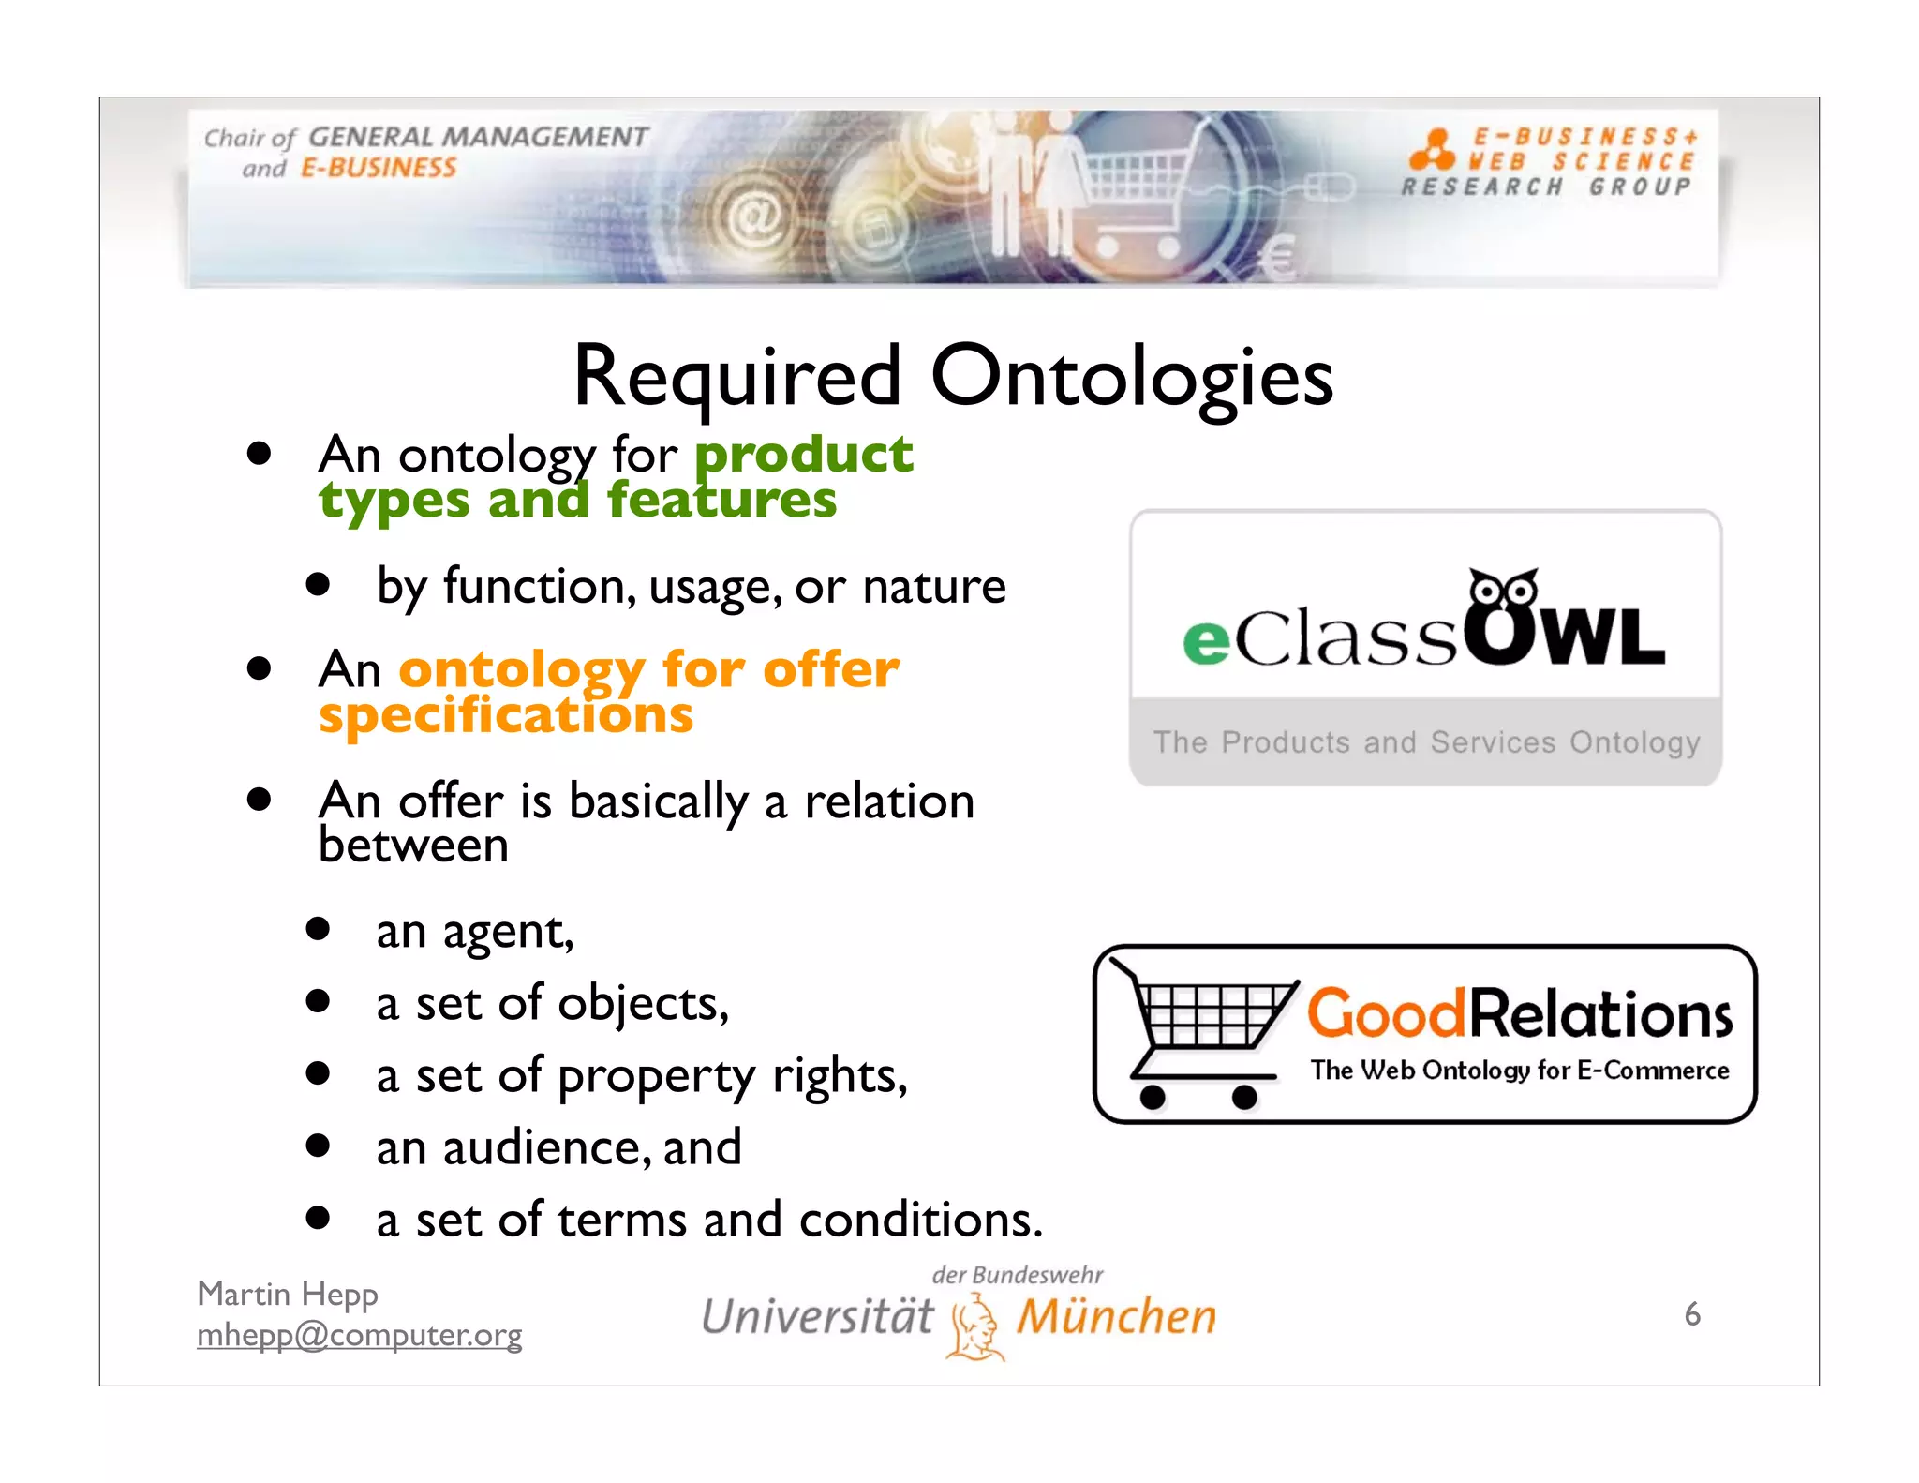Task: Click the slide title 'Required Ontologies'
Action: [952, 377]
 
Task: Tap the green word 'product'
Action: [803, 456]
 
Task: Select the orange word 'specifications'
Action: [506, 716]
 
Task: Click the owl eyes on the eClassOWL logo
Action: [1502, 591]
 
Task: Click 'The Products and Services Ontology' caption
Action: [1426, 742]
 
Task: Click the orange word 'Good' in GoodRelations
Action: [1385, 1014]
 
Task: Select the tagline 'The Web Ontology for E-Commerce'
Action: [1519, 1071]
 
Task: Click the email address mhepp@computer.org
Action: [360, 1335]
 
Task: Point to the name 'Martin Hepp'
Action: [288, 1294]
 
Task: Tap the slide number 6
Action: [1691, 1314]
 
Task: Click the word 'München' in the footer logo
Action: [1117, 1316]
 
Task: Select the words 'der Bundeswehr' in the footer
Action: [1018, 1275]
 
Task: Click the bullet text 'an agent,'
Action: [475, 932]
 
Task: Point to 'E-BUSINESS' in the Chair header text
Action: [379, 169]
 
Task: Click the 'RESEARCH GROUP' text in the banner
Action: [1546, 187]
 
